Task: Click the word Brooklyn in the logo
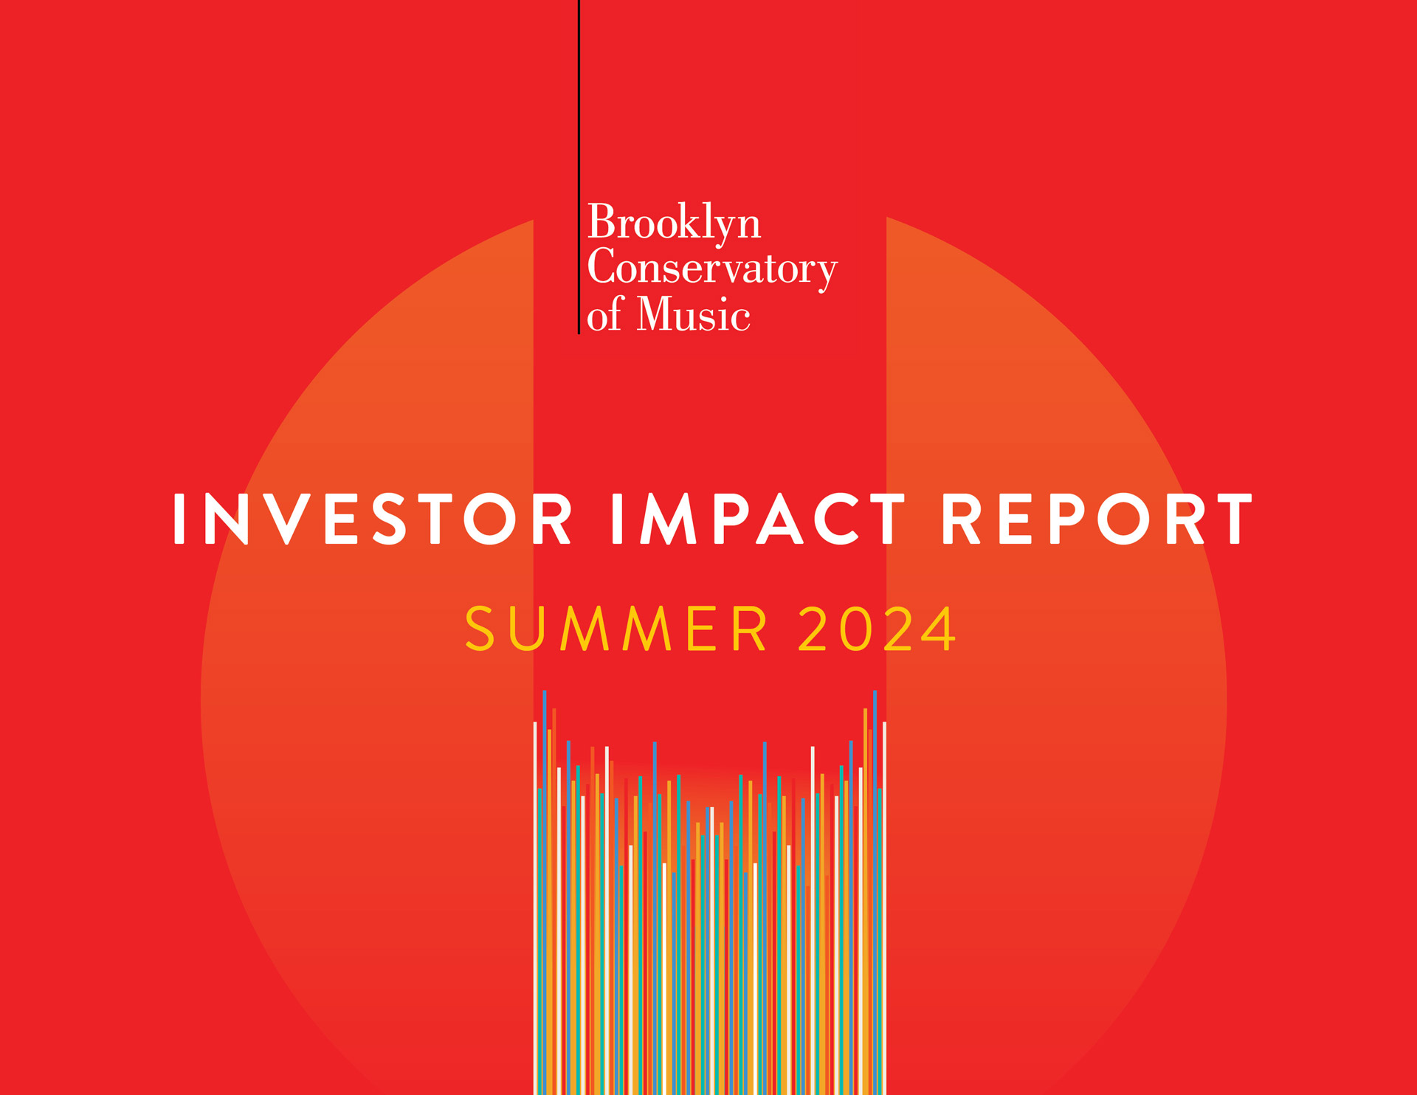click(674, 222)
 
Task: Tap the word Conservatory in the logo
click(712, 269)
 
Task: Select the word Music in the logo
click(694, 314)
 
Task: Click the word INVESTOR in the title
click(373, 519)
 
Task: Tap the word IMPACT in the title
click(758, 519)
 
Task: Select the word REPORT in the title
click(1097, 519)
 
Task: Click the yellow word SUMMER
click(616, 629)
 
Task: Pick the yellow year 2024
click(878, 629)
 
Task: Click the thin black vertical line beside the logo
click(579, 167)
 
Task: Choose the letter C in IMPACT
click(835, 519)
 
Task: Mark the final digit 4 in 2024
click(936, 629)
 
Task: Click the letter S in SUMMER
click(480, 629)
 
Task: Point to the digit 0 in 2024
click(857, 629)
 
